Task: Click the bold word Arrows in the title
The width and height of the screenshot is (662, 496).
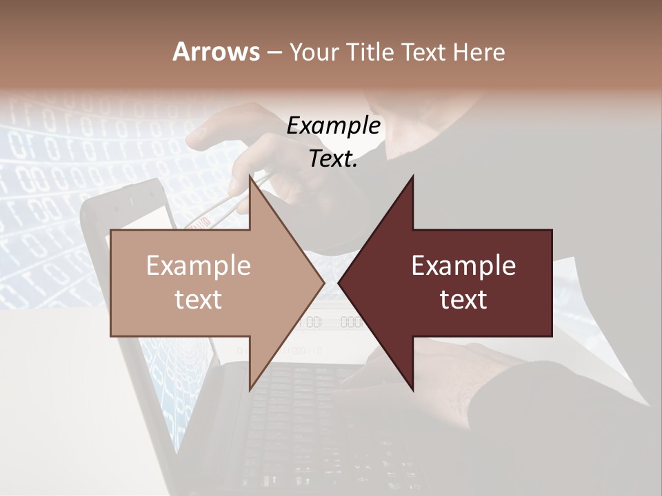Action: click(x=216, y=52)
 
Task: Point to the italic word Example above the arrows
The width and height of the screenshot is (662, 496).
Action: click(x=333, y=125)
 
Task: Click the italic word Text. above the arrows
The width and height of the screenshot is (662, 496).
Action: click(x=333, y=158)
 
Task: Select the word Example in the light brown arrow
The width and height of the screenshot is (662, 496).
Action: click(x=198, y=265)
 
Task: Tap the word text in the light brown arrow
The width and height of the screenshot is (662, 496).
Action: click(x=198, y=299)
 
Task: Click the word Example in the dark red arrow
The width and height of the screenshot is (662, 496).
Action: click(x=463, y=265)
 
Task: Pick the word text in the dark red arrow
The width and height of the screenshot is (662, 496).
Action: click(x=463, y=299)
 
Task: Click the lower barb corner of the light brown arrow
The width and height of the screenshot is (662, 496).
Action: click(x=250, y=389)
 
